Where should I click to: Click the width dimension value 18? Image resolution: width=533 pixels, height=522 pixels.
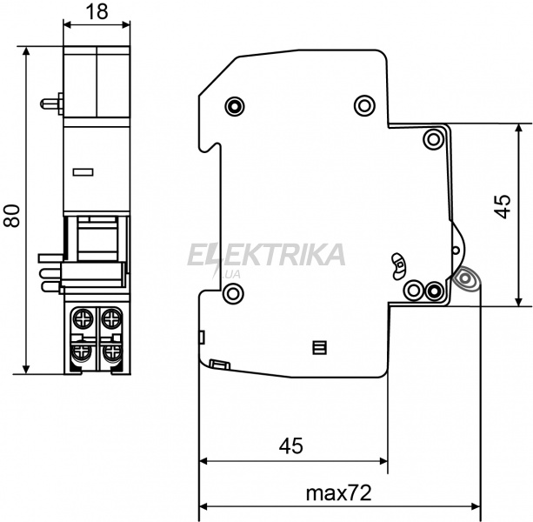pos(97,12)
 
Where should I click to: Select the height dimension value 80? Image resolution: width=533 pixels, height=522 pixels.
pos(12,216)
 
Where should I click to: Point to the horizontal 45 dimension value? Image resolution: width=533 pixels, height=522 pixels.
pos(290,445)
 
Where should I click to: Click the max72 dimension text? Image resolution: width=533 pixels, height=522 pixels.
pos(338,492)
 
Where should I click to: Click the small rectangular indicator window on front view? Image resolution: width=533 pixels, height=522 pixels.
pos(83,172)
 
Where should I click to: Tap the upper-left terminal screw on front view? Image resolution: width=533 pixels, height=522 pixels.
pos(83,318)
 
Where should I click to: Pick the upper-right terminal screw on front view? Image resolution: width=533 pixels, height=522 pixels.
pos(111,318)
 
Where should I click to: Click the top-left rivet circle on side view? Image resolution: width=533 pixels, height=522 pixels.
pos(235,106)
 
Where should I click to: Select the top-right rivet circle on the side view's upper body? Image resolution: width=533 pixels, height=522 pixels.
pos(364,105)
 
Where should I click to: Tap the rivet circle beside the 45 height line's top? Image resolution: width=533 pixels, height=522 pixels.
pos(433,139)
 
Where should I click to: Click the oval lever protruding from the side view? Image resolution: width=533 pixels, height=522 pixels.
pos(465,279)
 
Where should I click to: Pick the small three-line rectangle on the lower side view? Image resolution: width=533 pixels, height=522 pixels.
pos(319,347)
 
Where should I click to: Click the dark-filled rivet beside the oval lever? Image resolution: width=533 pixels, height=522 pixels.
pos(434,291)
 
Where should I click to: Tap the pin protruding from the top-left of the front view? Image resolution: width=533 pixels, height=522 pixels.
pos(51,104)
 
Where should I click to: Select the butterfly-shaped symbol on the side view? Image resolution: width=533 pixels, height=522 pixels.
pos(398,266)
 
